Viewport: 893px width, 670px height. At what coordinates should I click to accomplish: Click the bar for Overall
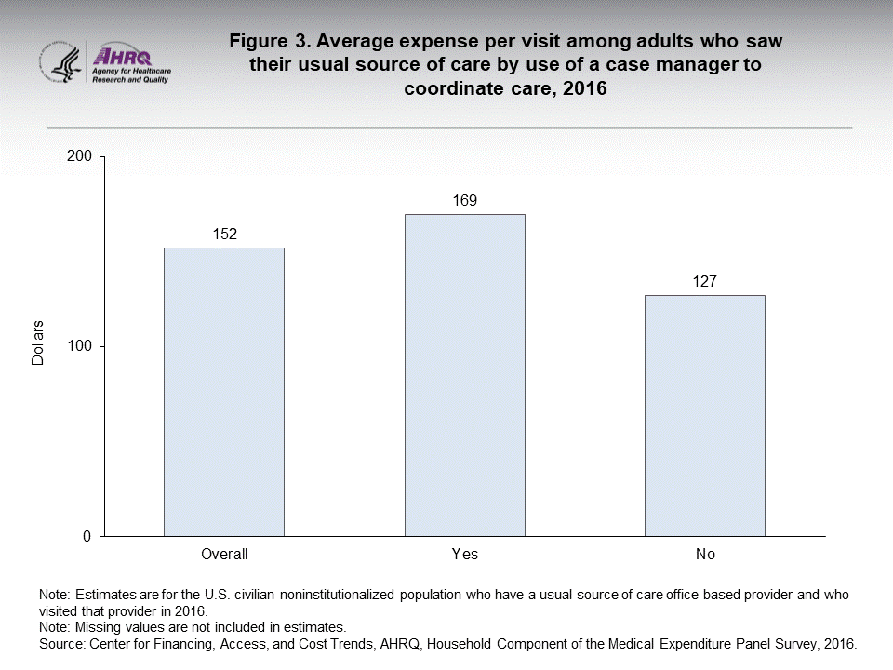[x=224, y=392]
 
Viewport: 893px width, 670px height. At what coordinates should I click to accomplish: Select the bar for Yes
[x=464, y=375]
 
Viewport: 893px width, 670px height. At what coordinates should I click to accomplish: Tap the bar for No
[x=704, y=415]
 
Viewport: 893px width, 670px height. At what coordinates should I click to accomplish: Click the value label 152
[x=224, y=234]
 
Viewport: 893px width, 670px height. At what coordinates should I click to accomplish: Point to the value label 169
[x=464, y=200]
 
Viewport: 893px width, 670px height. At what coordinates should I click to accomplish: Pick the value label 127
[x=704, y=281]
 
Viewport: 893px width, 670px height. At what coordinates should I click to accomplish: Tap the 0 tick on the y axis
[x=87, y=537]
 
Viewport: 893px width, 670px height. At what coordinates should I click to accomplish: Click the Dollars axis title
[x=38, y=343]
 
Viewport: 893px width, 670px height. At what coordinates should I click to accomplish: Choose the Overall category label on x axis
[x=224, y=555]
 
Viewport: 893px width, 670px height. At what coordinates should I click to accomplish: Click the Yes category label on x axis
[x=464, y=555]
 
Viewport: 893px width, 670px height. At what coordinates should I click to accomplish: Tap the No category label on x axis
[x=704, y=555]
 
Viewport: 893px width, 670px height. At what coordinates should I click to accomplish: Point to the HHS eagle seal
[x=61, y=62]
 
